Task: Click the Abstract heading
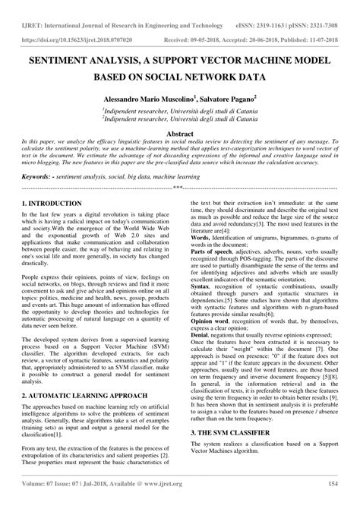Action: click(x=180, y=132)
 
